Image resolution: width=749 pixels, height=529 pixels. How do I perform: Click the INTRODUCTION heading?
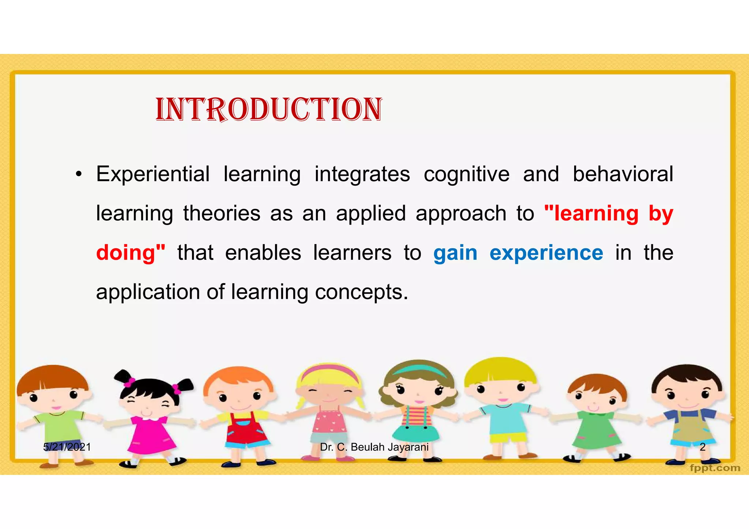(x=269, y=109)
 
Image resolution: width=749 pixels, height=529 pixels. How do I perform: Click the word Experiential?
(x=153, y=174)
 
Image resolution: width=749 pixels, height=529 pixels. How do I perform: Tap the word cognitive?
(x=466, y=175)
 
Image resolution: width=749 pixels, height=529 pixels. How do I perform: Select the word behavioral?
(x=622, y=174)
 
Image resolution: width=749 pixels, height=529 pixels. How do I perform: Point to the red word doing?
(x=126, y=253)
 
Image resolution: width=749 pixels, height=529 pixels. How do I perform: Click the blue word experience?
(x=546, y=253)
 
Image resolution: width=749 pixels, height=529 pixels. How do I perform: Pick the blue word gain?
(x=455, y=253)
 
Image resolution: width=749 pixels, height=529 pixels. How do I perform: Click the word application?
(x=147, y=293)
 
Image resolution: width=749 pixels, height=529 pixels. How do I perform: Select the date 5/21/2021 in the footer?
(x=67, y=447)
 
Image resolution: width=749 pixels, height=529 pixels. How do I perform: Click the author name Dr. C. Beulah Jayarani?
(x=374, y=447)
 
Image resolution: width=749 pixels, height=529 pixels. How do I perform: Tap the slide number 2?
(x=702, y=447)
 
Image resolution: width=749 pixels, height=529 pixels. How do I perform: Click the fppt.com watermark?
(x=715, y=468)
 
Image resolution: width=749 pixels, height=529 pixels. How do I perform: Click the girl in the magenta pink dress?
(x=150, y=427)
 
